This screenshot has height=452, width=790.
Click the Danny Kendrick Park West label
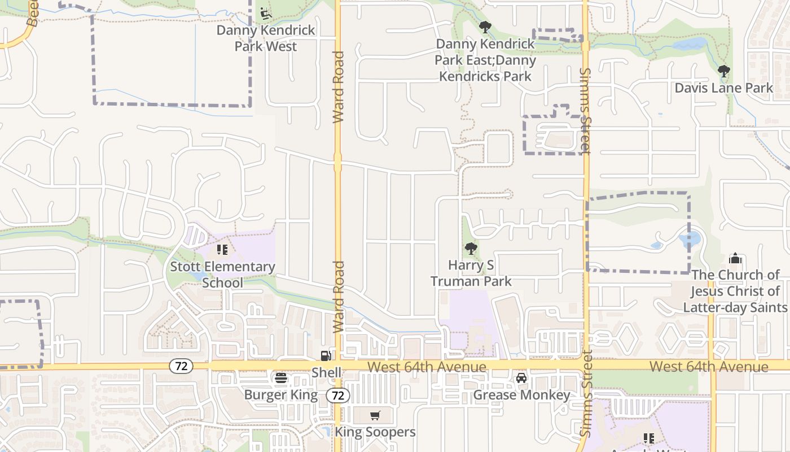point(266,38)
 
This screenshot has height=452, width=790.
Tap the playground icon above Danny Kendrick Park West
point(266,12)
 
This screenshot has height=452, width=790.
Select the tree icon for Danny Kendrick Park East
point(485,27)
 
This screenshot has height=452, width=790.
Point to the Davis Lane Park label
point(724,88)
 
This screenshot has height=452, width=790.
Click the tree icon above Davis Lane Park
point(724,71)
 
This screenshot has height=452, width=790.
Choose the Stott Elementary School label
point(223,275)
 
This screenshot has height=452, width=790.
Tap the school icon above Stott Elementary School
point(222,249)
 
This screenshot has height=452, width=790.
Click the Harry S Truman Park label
point(471,273)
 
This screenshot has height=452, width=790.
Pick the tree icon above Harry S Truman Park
point(471,248)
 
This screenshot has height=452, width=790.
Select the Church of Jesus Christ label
point(735,291)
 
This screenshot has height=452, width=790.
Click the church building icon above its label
point(735,259)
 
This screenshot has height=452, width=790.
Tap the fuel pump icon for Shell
point(326,355)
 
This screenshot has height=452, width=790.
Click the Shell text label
point(326,372)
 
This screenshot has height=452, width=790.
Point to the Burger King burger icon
point(281,378)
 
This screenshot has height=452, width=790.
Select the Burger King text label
point(281,394)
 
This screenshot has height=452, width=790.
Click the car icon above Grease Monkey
point(521,377)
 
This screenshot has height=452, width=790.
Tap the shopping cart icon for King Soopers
point(375,416)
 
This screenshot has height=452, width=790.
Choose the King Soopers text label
point(375,432)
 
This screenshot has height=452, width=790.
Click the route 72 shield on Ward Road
point(337,395)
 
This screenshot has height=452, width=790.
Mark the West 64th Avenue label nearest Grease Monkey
point(427,367)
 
